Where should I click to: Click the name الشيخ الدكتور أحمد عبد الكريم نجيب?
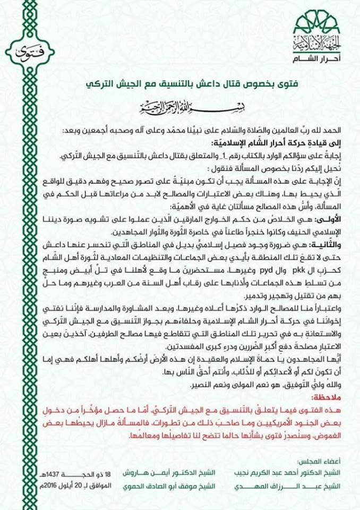coord(295,471)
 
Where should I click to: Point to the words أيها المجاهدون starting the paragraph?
coord(323,362)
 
